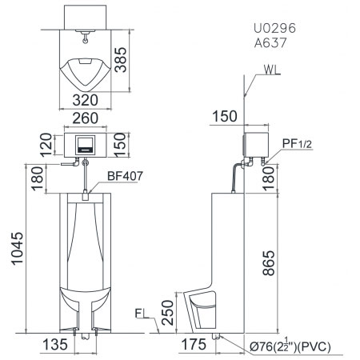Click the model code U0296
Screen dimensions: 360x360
(x=274, y=28)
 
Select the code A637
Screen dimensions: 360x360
(x=270, y=42)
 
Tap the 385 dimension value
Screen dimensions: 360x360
(x=121, y=60)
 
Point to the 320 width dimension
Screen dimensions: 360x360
(x=86, y=100)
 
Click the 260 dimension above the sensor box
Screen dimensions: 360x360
(x=86, y=118)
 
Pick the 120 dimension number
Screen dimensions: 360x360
(x=46, y=145)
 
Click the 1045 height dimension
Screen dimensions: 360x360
(x=18, y=249)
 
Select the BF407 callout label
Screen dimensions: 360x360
(x=125, y=176)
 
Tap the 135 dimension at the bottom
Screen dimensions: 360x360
(x=55, y=344)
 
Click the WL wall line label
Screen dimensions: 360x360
(x=272, y=70)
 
